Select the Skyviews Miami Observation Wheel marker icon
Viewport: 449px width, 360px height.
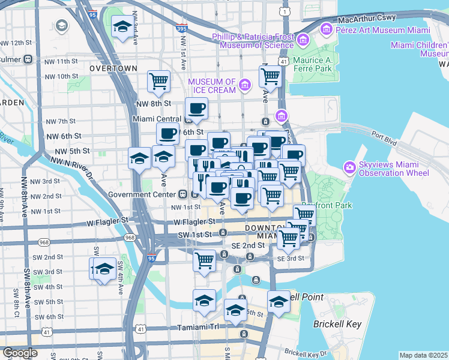coord(349,167)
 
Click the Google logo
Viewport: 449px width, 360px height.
coord(20,353)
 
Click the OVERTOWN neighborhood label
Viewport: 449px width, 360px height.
coord(113,68)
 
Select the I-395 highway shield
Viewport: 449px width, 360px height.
coord(182,28)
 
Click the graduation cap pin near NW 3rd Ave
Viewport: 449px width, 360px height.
coord(123,27)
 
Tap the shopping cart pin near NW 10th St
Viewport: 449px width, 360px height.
coord(158,80)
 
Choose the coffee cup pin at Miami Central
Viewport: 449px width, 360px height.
coord(196,109)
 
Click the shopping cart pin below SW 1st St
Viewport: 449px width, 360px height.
coord(205,260)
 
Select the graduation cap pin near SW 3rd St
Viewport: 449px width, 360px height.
coord(104,268)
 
